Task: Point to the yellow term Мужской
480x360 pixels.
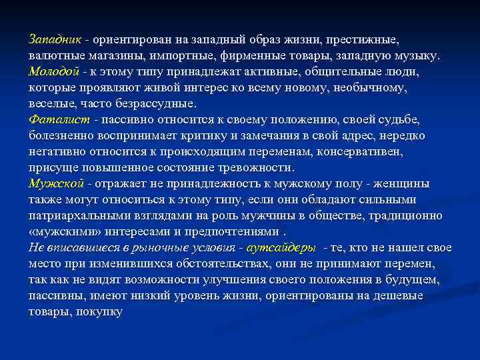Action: click(56, 183)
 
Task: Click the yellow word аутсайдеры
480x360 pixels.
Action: click(281, 248)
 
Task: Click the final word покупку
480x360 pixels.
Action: click(99, 312)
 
